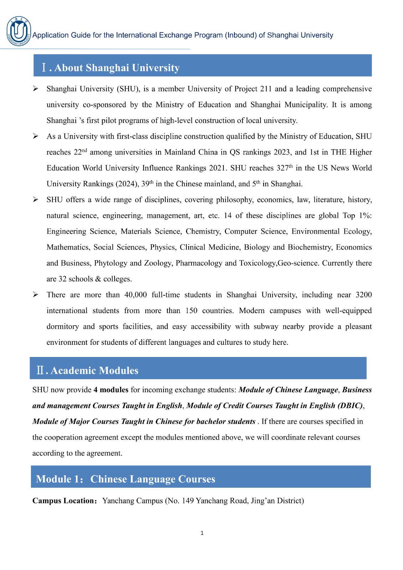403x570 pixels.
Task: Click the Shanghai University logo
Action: tap(19, 31)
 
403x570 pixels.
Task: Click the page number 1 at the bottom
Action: tap(202, 533)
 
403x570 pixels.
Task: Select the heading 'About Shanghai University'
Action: tap(117, 68)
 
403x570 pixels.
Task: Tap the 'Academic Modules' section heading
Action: tap(94, 370)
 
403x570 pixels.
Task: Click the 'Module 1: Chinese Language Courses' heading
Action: tap(125, 479)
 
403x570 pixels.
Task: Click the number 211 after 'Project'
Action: tap(265, 89)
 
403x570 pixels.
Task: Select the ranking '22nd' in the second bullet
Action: tap(80, 152)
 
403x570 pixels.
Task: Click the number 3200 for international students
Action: tap(363, 295)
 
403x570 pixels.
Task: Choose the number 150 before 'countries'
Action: tap(191, 311)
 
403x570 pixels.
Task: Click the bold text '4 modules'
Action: tap(111, 390)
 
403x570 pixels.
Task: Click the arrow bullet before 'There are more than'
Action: tap(36, 294)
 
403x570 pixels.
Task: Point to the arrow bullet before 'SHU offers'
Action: tap(36, 199)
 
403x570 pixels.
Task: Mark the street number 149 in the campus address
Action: tap(188, 501)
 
